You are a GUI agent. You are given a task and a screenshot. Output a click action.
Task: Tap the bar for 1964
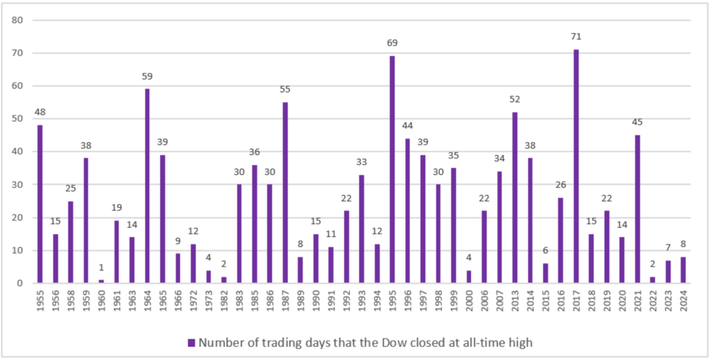point(148,186)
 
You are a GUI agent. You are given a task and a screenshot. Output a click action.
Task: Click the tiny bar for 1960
point(102,282)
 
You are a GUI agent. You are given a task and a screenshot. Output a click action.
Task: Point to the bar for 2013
point(514,197)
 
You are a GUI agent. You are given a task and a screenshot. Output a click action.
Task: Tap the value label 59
point(148,76)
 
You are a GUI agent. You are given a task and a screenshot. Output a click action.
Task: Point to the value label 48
point(41,113)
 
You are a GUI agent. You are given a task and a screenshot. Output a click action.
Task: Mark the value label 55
point(285,90)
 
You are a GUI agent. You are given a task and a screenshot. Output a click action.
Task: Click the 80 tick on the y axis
point(19,20)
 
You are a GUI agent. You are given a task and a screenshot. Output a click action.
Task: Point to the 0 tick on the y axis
point(21,283)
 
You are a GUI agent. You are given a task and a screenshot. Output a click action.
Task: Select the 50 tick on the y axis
point(19,118)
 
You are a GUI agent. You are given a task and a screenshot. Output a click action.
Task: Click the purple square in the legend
point(191,343)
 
